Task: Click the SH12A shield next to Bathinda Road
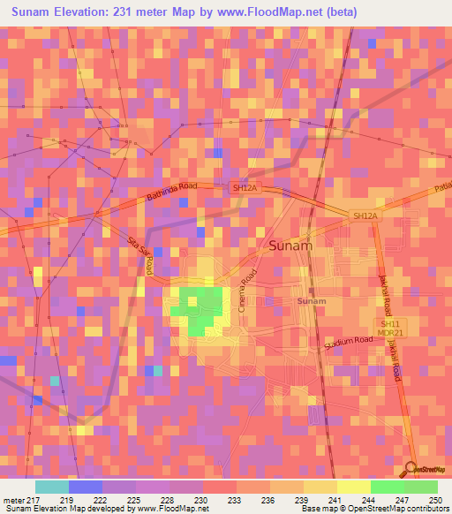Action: coord(243,188)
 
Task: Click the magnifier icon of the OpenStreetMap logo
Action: coord(411,468)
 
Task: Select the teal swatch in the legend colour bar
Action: coord(51,487)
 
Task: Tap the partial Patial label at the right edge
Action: coord(443,188)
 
